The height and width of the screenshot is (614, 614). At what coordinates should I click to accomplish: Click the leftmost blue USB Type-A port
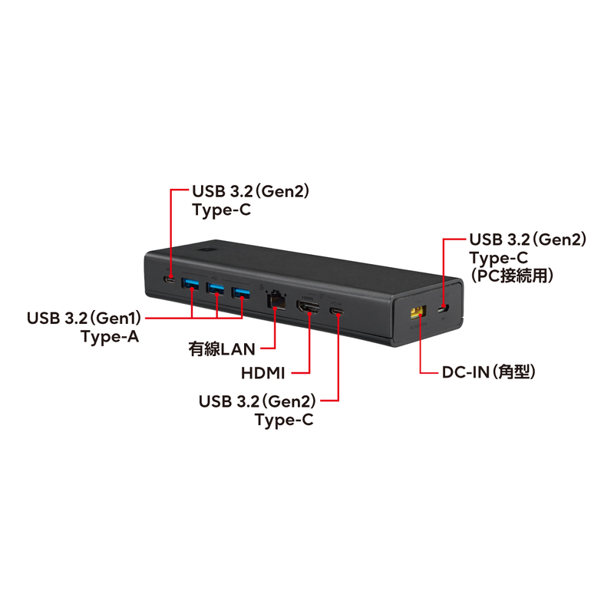tap(190, 283)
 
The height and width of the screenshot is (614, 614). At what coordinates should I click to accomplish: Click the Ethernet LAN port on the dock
tap(276, 300)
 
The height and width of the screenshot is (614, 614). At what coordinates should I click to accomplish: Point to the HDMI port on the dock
tap(308, 307)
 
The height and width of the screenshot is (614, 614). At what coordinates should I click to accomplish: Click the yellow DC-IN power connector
tap(418, 312)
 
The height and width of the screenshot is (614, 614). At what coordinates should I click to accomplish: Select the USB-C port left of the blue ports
tap(170, 280)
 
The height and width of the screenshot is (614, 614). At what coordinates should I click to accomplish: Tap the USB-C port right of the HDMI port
tap(337, 312)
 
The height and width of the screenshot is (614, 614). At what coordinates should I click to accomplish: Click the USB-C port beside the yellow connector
tap(444, 309)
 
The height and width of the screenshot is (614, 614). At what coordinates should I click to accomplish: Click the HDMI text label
tap(262, 373)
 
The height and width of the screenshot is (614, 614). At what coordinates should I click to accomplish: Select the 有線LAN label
tap(222, 349)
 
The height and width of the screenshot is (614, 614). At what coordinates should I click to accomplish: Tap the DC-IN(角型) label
tap(488, 372)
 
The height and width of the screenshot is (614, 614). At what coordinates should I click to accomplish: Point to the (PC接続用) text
tap(512, 276)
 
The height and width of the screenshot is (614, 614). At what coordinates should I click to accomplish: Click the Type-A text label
tap(110, 336)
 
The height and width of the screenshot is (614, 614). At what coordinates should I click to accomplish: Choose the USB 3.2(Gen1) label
tap(84, 318)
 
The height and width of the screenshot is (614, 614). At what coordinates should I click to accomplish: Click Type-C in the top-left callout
tap(221, 210)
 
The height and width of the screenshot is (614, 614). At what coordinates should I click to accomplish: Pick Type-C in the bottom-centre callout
tap(284, 420)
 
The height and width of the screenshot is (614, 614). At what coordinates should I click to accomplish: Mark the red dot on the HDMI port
tap(310, 312)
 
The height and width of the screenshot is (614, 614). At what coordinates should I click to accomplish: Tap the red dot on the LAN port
tap(276, 309)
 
